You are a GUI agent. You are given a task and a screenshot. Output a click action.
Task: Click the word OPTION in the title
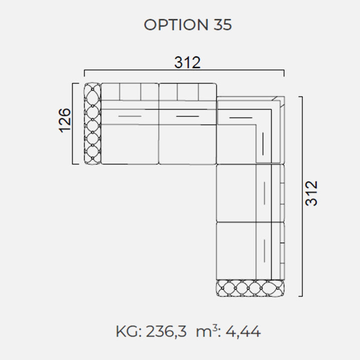[x=176, y=24]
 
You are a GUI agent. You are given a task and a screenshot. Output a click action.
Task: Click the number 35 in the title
[x=222, y=24]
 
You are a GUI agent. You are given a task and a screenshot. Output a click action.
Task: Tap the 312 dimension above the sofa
[x=187, y=62]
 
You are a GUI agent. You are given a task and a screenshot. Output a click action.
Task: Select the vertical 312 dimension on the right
[x=311, y=193]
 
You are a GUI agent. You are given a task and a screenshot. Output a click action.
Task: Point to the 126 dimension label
[x=64, y=120]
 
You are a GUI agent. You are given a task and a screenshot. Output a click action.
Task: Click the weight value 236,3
[x=166, y=331]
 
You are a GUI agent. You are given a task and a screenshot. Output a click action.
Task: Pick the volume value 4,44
[x=243, y=331]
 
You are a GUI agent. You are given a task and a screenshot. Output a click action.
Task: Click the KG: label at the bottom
[x=129, y=331]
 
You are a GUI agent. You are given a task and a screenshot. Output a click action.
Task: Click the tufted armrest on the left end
[x=92, y=124]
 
